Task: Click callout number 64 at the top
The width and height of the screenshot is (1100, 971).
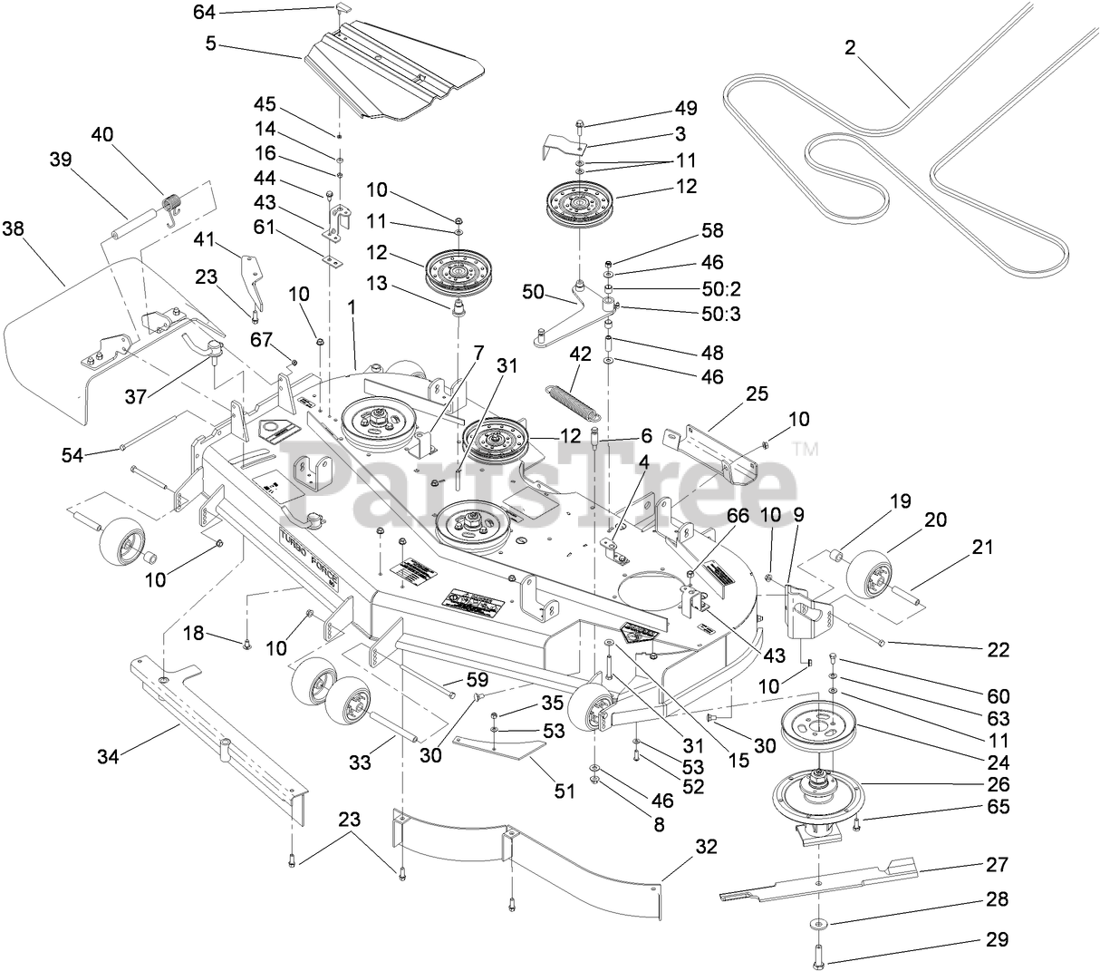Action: (x=206, y=11)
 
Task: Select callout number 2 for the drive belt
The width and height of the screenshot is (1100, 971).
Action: (x=850, y=49)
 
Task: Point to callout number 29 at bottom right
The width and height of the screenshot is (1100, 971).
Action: (x=996, y=940)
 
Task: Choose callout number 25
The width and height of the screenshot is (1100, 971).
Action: (x=757, y=393)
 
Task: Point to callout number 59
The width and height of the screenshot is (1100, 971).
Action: (x=477, y=678)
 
